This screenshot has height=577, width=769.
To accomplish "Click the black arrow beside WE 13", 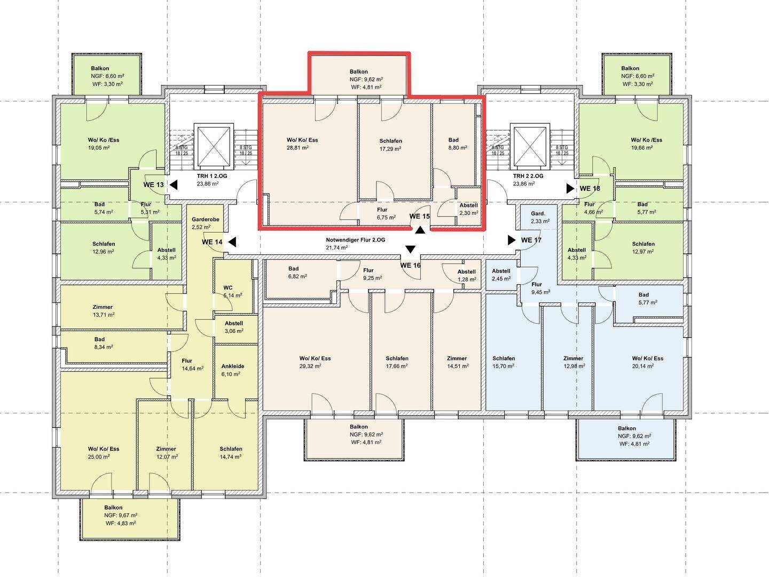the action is (174, 185).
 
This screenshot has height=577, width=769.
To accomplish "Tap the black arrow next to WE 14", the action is (232, 242).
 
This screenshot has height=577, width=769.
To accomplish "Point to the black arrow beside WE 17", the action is (512, 240).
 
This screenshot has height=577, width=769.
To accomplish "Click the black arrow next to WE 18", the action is (570, 189).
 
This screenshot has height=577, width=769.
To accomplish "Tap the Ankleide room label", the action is (233, 366).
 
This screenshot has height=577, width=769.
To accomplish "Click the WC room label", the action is (227, 287).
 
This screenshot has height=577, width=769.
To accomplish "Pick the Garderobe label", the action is (205, 219).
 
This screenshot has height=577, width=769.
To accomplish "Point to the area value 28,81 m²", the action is (297, 147).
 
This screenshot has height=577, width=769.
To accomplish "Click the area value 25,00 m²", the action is (99, 456).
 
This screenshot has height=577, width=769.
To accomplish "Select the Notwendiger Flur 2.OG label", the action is (355, 240).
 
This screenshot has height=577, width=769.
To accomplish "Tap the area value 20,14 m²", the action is (642, 366).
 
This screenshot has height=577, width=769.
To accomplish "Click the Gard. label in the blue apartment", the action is (538, 213).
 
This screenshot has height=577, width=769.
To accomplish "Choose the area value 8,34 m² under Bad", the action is (104, 347).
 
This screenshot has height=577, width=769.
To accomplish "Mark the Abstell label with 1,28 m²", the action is (466, 271).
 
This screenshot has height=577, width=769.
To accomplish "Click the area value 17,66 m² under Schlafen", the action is (397, 366).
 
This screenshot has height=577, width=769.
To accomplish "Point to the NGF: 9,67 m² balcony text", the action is (121, 516).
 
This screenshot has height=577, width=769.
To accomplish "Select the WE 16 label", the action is (410, 265).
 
